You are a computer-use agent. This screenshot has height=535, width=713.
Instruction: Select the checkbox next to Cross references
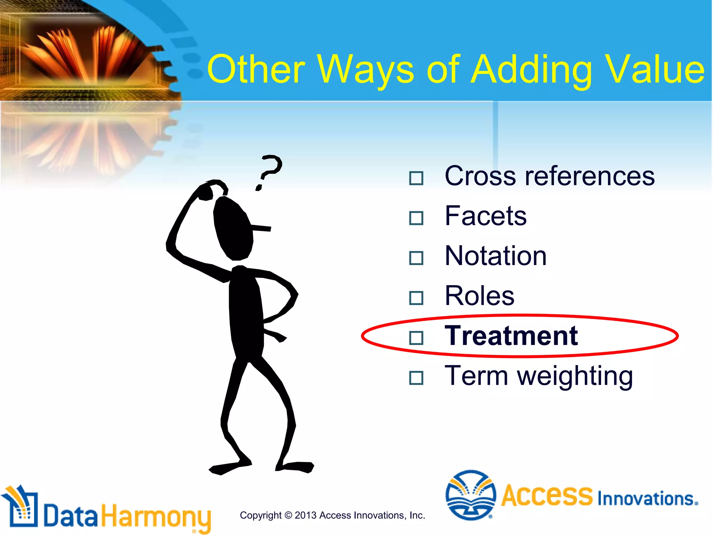click(416, 178)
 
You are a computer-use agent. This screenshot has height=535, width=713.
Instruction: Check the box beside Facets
click(416, 218)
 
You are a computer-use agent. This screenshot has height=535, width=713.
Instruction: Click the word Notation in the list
click(495, 256)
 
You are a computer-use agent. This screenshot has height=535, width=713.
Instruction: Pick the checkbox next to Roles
click(416, 298)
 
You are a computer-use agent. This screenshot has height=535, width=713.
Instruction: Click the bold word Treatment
click(511, 336)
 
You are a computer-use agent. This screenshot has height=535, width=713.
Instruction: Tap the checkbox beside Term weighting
click(416, 378)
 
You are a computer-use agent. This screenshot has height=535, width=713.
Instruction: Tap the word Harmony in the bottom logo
click(156, 517)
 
